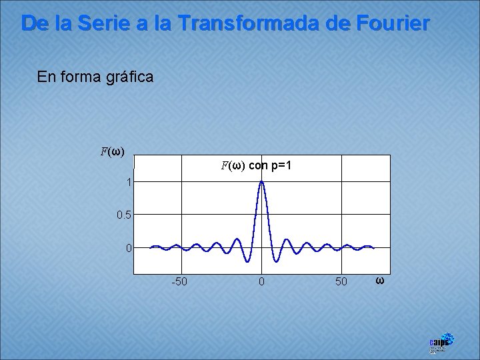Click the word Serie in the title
(x=99, y=23)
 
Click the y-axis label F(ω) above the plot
(x=112, y=151)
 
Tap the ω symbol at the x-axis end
(x=379, y=280)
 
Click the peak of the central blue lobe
(x=262, y=181)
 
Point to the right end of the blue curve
(x=374, y=248)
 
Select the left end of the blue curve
(x=151, y=247)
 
